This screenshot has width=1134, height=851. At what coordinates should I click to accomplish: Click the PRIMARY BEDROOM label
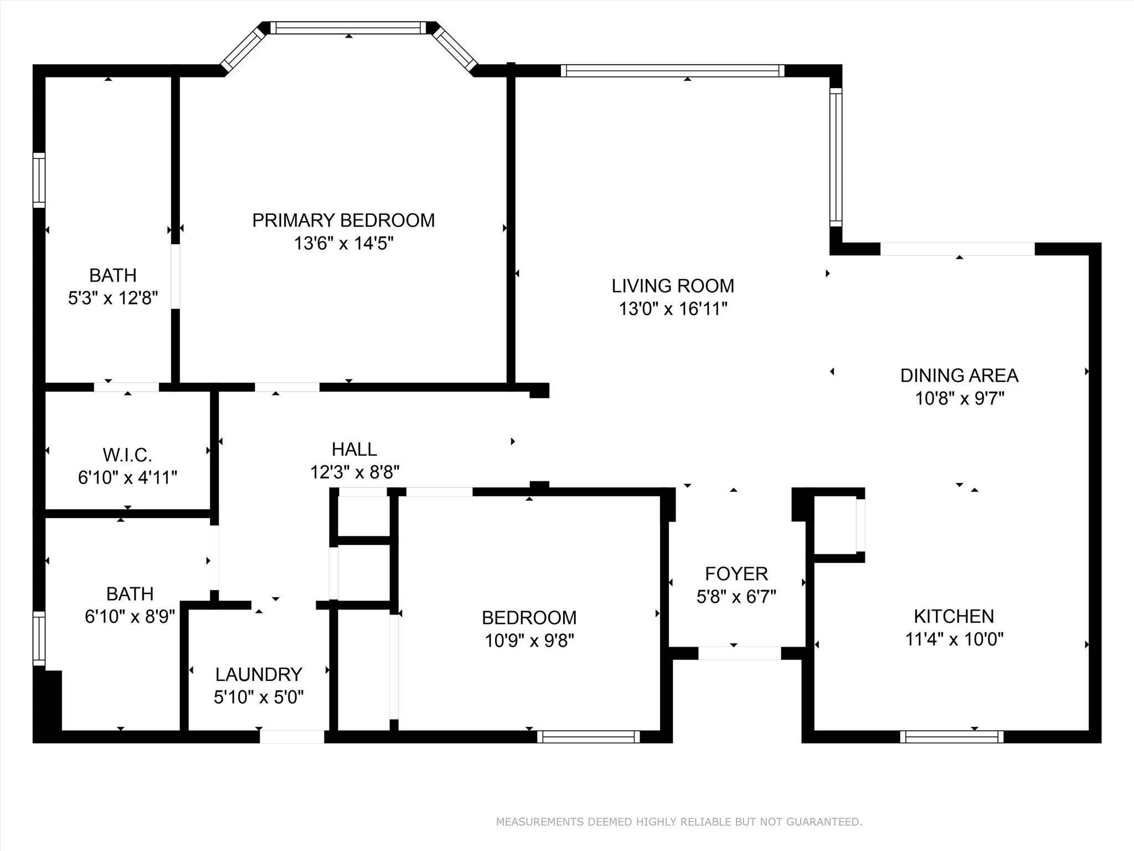pos(343,221)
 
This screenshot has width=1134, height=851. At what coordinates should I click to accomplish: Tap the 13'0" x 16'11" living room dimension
pos(673,309)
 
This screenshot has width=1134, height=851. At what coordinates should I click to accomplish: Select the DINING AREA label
pos(959,376)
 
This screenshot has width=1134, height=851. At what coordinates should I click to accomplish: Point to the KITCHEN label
pos(953,616)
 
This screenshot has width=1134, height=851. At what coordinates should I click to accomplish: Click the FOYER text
pos(736,573)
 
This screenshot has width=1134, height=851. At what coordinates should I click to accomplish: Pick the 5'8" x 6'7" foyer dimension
pos(736,597)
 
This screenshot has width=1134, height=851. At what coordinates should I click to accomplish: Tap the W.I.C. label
pos(127,455)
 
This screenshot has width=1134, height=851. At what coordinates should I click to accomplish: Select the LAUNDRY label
pos(259,674)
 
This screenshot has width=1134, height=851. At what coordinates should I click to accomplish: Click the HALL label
pos(354,449)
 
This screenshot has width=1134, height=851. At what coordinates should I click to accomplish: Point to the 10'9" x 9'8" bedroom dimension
pos(529,641)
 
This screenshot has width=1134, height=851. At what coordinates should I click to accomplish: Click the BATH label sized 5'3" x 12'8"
pos(113,275)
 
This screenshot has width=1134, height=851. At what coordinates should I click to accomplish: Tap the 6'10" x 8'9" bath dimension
pos(130,617)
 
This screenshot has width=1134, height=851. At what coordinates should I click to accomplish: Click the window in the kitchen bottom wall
pos(951,736)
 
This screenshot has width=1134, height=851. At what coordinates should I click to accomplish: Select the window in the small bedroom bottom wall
pos(588,736)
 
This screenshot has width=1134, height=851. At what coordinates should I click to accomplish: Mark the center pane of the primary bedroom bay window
pos(348,28)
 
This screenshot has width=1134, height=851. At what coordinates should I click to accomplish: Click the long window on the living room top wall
pos(673,70)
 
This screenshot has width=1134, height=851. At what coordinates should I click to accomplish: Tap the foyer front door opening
pos(739,653)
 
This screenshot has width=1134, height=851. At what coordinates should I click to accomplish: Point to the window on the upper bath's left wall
pos(39,181)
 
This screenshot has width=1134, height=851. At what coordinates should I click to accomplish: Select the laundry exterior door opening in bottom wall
pos(292,737)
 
